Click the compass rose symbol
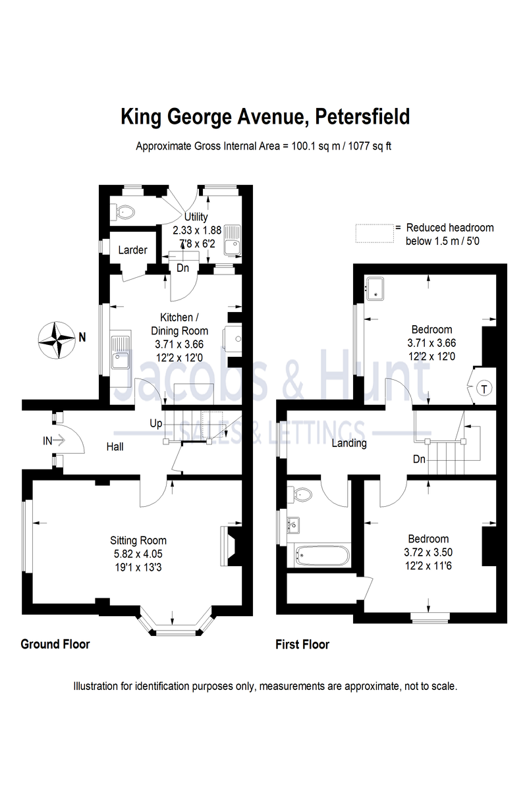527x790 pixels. [57, 339]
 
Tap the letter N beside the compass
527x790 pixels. [82, 338]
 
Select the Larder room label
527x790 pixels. [132, 250]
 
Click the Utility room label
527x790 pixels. [196, 217]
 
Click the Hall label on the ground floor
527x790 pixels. [115, 447]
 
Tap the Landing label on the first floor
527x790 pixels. [349, 443]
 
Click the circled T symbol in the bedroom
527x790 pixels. [484, 388]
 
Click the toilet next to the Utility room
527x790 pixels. [124, 211]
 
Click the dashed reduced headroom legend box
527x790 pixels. [374, 234]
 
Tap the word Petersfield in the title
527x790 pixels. [362, 117]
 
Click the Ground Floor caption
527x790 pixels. [55, 644]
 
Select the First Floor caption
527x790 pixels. [302, 645]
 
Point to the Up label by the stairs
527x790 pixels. [156, 423]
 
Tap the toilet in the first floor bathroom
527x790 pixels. [303, 494]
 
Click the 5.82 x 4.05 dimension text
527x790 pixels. [138, 553]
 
